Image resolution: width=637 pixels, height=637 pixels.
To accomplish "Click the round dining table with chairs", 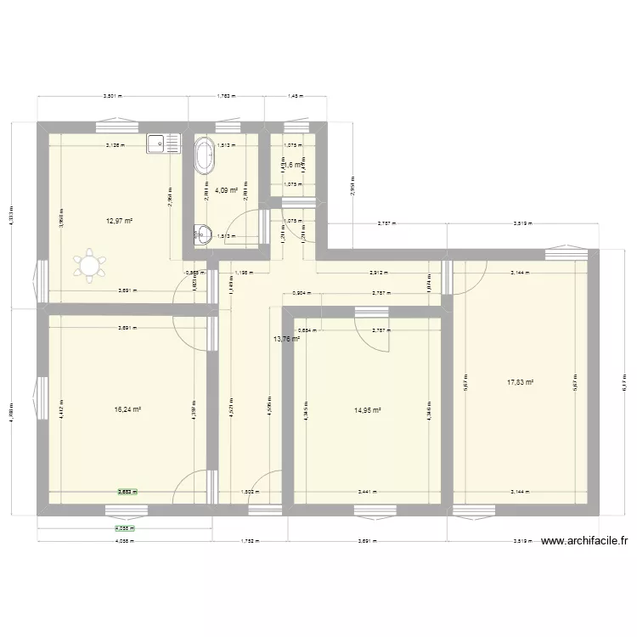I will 89,266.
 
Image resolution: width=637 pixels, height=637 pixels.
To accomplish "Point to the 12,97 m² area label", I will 120,221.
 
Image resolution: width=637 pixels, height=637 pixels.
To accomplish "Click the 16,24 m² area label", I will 127,409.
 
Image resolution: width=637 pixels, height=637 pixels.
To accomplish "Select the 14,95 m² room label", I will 367,409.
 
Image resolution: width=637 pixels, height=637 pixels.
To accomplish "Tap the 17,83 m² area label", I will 521,382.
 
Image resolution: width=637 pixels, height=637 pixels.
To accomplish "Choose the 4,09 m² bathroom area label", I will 225,190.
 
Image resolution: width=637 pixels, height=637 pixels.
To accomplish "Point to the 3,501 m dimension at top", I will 113,97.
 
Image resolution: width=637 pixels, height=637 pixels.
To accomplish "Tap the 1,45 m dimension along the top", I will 296,97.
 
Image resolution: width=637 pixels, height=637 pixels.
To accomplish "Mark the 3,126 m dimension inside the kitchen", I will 115,145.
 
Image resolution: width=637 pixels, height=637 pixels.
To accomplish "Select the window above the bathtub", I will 226,128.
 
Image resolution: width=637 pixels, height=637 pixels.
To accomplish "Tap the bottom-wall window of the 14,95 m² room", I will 368,510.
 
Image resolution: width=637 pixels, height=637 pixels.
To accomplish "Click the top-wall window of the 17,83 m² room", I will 561,254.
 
